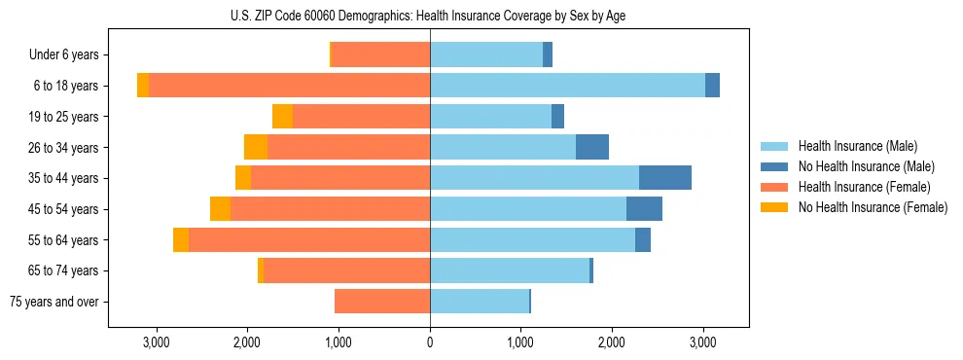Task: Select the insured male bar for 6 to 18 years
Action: [567, 86]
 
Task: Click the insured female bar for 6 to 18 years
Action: [289, 86]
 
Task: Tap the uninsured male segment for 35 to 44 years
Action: [665, 178]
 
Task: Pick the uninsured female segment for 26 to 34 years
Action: [256, 147]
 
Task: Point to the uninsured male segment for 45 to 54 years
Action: [644, 208]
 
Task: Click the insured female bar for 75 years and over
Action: [382, 302]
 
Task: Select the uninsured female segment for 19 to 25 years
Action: [282, 117]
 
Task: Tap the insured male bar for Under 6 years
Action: [486, 54]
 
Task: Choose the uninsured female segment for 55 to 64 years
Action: [181, 239]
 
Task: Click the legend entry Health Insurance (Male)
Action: [857, 146]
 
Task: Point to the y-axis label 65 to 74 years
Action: [63, 270]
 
